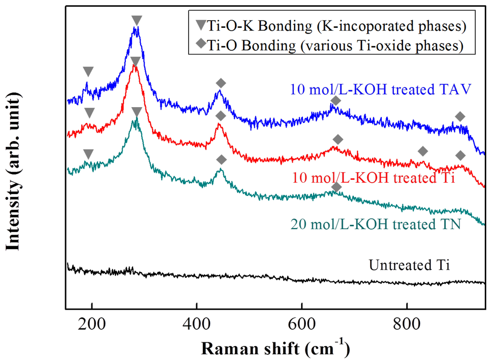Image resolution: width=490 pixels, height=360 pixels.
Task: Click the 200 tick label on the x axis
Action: pos(91,321)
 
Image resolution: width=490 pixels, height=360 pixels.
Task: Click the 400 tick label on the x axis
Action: pos(196,321)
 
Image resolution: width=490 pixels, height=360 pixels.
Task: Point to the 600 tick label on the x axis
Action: pos(301,321)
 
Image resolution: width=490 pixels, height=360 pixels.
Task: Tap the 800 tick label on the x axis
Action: pos(406,321)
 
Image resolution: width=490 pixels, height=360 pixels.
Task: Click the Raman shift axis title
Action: pos(275,347)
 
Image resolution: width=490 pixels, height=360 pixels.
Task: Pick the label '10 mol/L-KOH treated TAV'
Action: pos(381,89)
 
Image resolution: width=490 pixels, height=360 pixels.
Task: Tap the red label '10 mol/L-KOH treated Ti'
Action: pos(373,178)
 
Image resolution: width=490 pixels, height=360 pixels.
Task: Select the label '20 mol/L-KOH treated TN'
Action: pos(375,224)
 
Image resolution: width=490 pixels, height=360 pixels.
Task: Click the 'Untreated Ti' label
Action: pos(409,265)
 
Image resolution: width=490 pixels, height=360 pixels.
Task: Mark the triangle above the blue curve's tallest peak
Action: pos(137,20)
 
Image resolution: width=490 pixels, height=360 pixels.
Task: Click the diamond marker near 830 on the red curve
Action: pos(423,151)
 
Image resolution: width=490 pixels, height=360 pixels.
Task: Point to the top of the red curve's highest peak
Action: pos(135,65)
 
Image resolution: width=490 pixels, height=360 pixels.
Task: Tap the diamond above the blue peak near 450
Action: pos(221,83)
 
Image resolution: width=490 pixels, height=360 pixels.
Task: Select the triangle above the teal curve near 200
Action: pos(89,153)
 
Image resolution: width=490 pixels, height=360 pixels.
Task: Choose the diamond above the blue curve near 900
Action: pos(460,116)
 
